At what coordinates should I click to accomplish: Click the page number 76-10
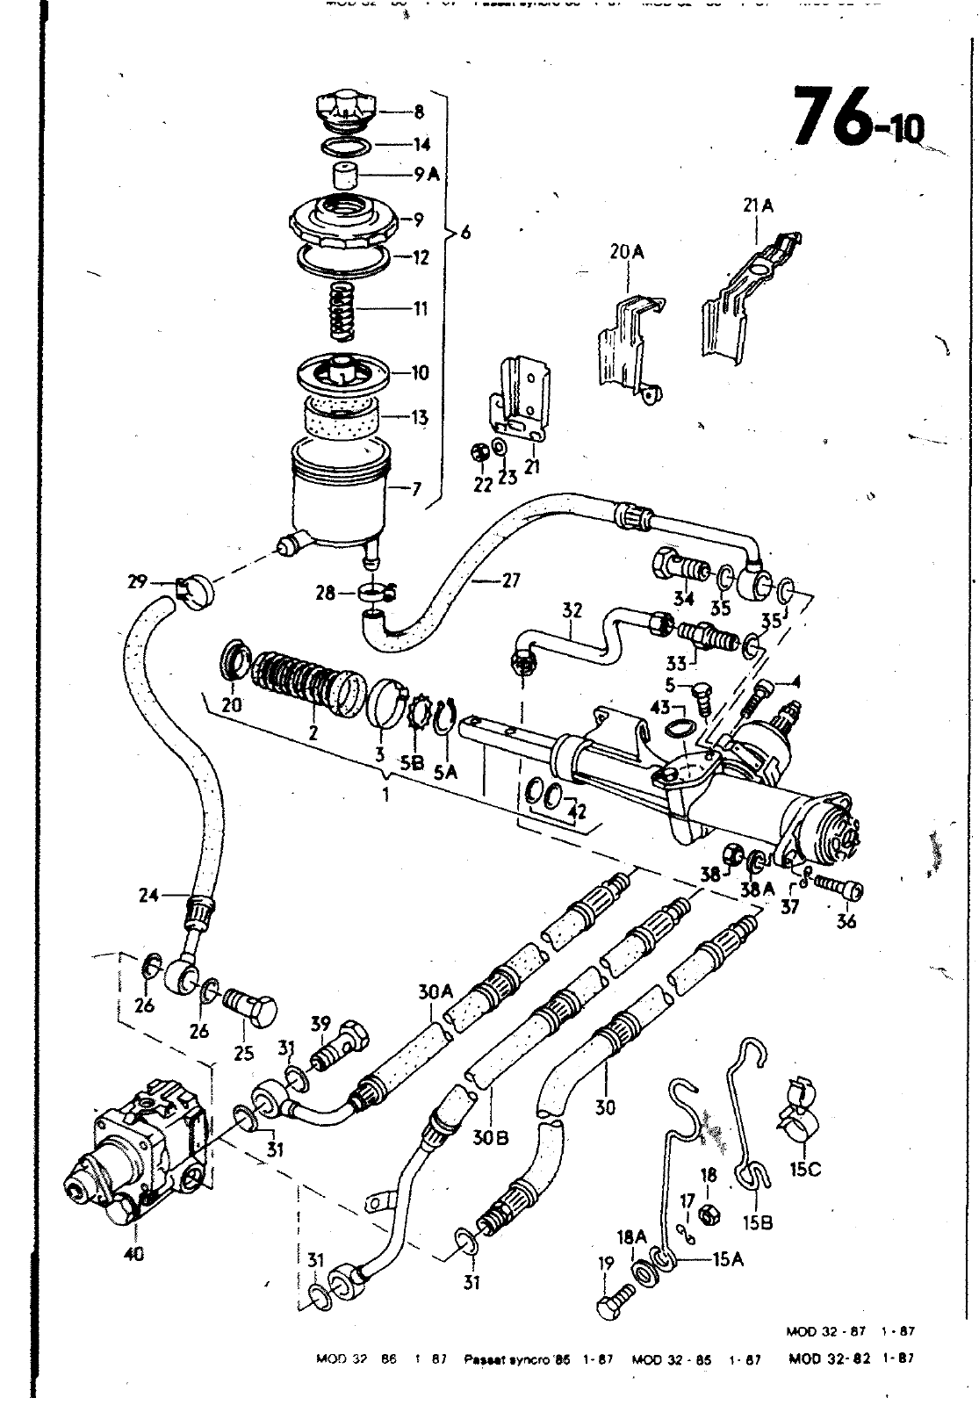856,119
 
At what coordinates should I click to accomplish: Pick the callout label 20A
627,253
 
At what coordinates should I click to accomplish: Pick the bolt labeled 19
617,1300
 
